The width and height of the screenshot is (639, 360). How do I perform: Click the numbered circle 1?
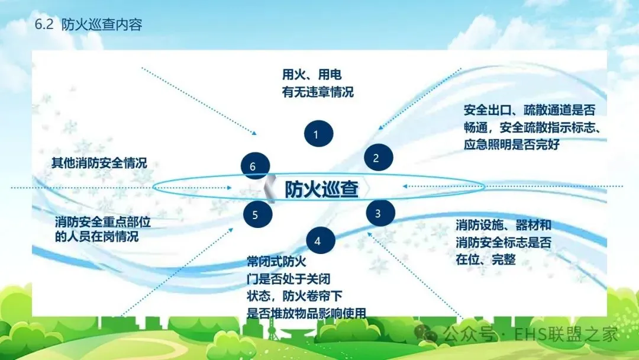[x=316, y=134]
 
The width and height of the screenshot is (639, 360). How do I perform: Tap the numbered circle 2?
[x=375, y=158]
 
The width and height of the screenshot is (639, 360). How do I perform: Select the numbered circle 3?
[x=377, y=214]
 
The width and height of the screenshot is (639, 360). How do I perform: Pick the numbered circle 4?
[x=318, y=241]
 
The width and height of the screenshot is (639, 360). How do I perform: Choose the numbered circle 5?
[x=256, y=214]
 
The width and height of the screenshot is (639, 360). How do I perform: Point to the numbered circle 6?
[x=253, y=167]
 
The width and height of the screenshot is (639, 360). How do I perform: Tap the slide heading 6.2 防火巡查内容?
[x=88, y=25]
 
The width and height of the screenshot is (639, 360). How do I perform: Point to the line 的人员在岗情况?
[x=96, y=237]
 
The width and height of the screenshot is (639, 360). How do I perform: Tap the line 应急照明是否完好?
[x=511, y=144]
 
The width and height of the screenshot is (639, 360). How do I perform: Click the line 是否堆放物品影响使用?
[x=306, y=313]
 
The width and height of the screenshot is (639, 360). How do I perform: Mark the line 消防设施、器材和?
[x=504, y=225]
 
